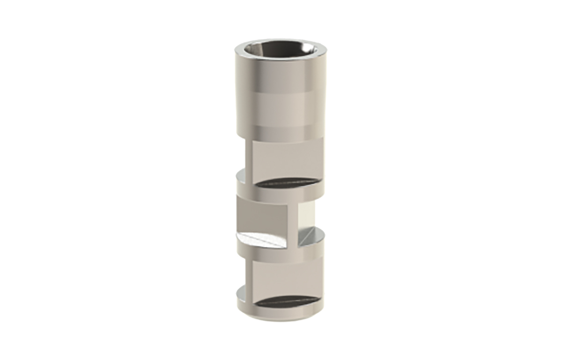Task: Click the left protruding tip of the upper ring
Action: [240, 178]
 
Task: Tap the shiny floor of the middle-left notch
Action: [262, 240]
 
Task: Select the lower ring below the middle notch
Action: [281, 253]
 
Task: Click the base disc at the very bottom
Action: [281, 312]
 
